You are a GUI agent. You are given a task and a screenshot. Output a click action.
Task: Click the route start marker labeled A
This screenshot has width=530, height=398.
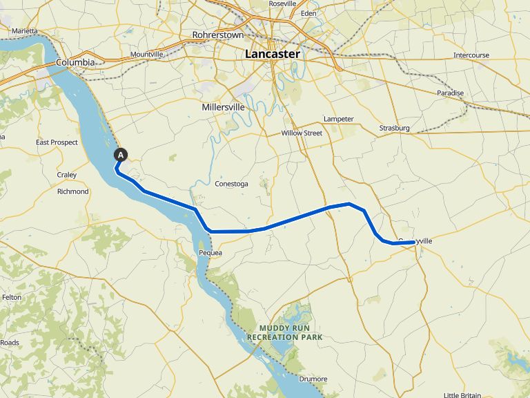121,155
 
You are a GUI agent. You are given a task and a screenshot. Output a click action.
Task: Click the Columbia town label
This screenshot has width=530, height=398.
75,62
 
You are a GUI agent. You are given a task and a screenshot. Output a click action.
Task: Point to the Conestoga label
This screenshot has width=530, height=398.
231,184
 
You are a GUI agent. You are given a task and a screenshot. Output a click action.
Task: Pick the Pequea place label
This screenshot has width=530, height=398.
210,253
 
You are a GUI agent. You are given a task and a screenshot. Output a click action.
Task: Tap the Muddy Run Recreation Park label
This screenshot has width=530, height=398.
290,332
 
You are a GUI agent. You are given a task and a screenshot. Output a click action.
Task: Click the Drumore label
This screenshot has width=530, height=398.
313,379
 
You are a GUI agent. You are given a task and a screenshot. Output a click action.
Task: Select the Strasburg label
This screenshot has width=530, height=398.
394,129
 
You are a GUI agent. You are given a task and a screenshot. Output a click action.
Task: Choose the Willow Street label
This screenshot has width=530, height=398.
302,133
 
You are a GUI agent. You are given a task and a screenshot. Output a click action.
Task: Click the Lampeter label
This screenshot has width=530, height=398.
339,119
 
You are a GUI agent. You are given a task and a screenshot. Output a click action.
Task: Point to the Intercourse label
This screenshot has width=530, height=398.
471,55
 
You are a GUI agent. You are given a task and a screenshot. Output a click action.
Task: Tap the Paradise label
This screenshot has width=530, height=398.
450,93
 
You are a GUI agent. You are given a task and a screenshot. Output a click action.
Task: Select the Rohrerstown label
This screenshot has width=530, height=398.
218,34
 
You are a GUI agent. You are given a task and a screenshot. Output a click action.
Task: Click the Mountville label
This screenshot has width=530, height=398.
146,54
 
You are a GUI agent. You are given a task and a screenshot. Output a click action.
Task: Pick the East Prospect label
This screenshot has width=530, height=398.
57,142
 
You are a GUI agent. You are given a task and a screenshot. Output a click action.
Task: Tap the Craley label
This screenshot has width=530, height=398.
67,175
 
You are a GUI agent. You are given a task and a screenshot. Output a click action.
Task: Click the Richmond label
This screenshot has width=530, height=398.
72,191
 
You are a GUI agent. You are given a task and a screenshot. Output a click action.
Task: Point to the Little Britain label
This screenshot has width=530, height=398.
462,395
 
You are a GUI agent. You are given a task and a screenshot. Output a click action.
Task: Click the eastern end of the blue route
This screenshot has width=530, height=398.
414,242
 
